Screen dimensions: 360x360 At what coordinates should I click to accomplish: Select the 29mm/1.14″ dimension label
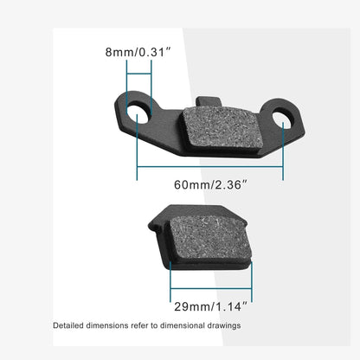210,305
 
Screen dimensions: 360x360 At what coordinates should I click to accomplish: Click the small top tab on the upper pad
209,105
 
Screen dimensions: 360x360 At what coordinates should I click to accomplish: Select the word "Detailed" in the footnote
69,326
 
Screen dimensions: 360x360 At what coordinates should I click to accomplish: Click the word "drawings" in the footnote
223,326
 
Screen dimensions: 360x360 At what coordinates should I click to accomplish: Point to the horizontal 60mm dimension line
210,167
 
